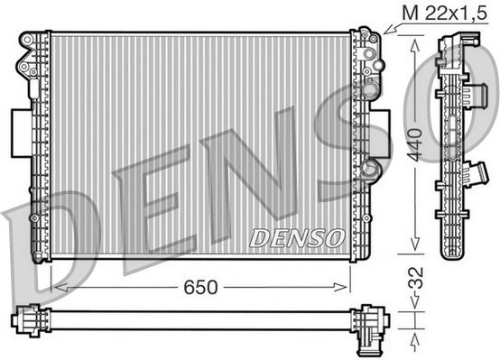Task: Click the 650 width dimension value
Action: [200, 287]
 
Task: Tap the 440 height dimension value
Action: [415, 144]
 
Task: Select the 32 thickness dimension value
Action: [416, 278]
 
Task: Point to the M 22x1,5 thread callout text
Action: [445, 14]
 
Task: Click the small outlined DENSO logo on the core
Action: [297, 238]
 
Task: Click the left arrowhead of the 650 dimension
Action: [60, 287]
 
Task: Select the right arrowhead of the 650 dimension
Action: [340, 287]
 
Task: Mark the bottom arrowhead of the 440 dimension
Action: [414, 244]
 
